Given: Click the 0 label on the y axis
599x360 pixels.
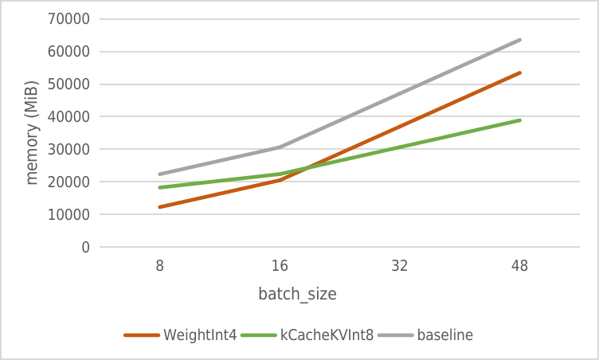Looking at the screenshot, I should coord(84,248).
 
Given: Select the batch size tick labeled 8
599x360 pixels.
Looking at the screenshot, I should coord(160,267).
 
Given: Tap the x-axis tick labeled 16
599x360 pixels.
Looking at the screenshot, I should coord(280,267).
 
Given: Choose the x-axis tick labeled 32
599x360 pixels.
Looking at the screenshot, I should coord(400,267).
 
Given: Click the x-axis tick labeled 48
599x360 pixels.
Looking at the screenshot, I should coord(519,267).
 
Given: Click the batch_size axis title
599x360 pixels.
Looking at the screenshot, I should coord(297,295).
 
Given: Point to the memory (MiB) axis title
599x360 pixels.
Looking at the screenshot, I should coord(32,132).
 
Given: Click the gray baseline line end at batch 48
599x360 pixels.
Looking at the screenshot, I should coord(520,40).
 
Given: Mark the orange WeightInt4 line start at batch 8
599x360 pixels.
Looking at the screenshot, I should coord(160,207).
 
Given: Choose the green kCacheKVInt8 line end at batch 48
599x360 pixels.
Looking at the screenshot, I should coord(520,120).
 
